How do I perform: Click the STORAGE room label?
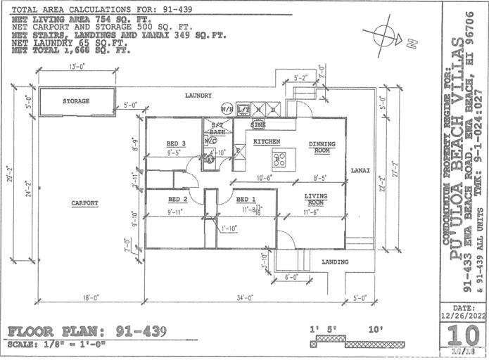point(76,101)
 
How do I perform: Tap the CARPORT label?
point(84,203)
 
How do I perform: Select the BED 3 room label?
point(166,143)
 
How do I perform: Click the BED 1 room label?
point(246,200)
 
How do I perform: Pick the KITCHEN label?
point(267,142)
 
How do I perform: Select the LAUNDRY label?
point(198,95)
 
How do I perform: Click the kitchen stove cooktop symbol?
point(280,160)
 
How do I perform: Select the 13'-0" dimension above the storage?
point(77,67)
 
